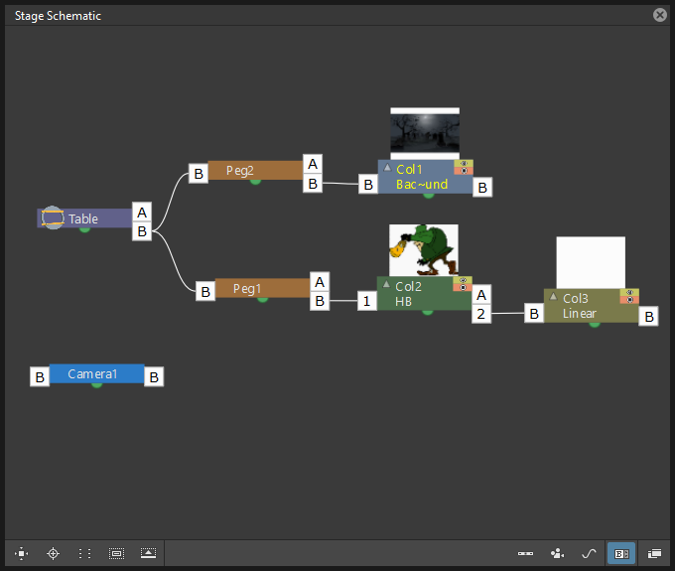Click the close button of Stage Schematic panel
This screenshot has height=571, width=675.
[x=659, y=15]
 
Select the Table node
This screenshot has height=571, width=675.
[x=84, y=218]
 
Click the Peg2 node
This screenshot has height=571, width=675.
[x=255, y=171]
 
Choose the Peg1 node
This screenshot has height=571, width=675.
[x=262, y=288]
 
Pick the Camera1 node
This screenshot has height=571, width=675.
[x=97, y=373]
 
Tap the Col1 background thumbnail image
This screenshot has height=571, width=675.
[x=425, y=133]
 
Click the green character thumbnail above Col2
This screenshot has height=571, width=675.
[x=424, y=250]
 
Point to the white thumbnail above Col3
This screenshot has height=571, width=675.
[x=591, y=262]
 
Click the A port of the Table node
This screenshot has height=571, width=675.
[x=142, y=212]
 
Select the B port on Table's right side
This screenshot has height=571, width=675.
[x=142, y=231]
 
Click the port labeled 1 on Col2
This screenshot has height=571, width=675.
[x=366, y=301]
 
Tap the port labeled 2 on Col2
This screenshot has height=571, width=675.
[x=481, y=314]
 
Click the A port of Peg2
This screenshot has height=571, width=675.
[x=313, y=164]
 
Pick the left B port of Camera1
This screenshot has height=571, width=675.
[x=40, y=376]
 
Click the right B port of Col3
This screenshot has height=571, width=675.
[x=649, y=317]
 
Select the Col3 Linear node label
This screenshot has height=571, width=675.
[x=580, y=306]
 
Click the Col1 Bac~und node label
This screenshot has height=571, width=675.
[x=422, y=177]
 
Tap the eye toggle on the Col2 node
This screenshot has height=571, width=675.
[x=463, y=280]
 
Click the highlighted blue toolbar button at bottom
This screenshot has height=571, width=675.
[x=621, y=553]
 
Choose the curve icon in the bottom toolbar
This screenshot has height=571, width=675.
[x=589, y=553]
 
